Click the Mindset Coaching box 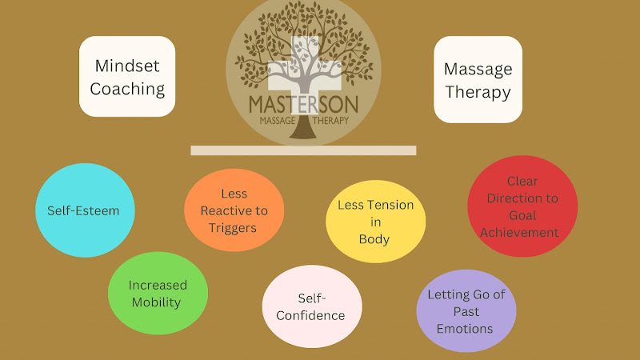pyautogui.click(x=127, y=77)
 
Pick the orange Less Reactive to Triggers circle pyautogui.click(x=234, y=210)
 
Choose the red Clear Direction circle pyautogui.click(x=522, y=206)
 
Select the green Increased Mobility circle pyautogui.click(x=158, y=294)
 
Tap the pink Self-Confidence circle pyautogui.click(x=312, y=306)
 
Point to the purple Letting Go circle pyautogui.click(x=466, y=310)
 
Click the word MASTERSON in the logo pyautogui.click(x=302, y=105)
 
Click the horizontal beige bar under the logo pyautogui.click(x=303, y=150)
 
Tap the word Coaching pyautogui.click(x=127, y=89)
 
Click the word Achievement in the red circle pyautogui.click(x=522, y=232)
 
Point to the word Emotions pyautogui.click(x=466, y=328)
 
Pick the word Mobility pyautogui.click(x=158, y=302)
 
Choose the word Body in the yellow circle pyautogui.click(x=374, y=238)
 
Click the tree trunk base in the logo pyautogui.click(x=302, y=132)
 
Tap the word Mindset pyautogui.click(x=127, y=66)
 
